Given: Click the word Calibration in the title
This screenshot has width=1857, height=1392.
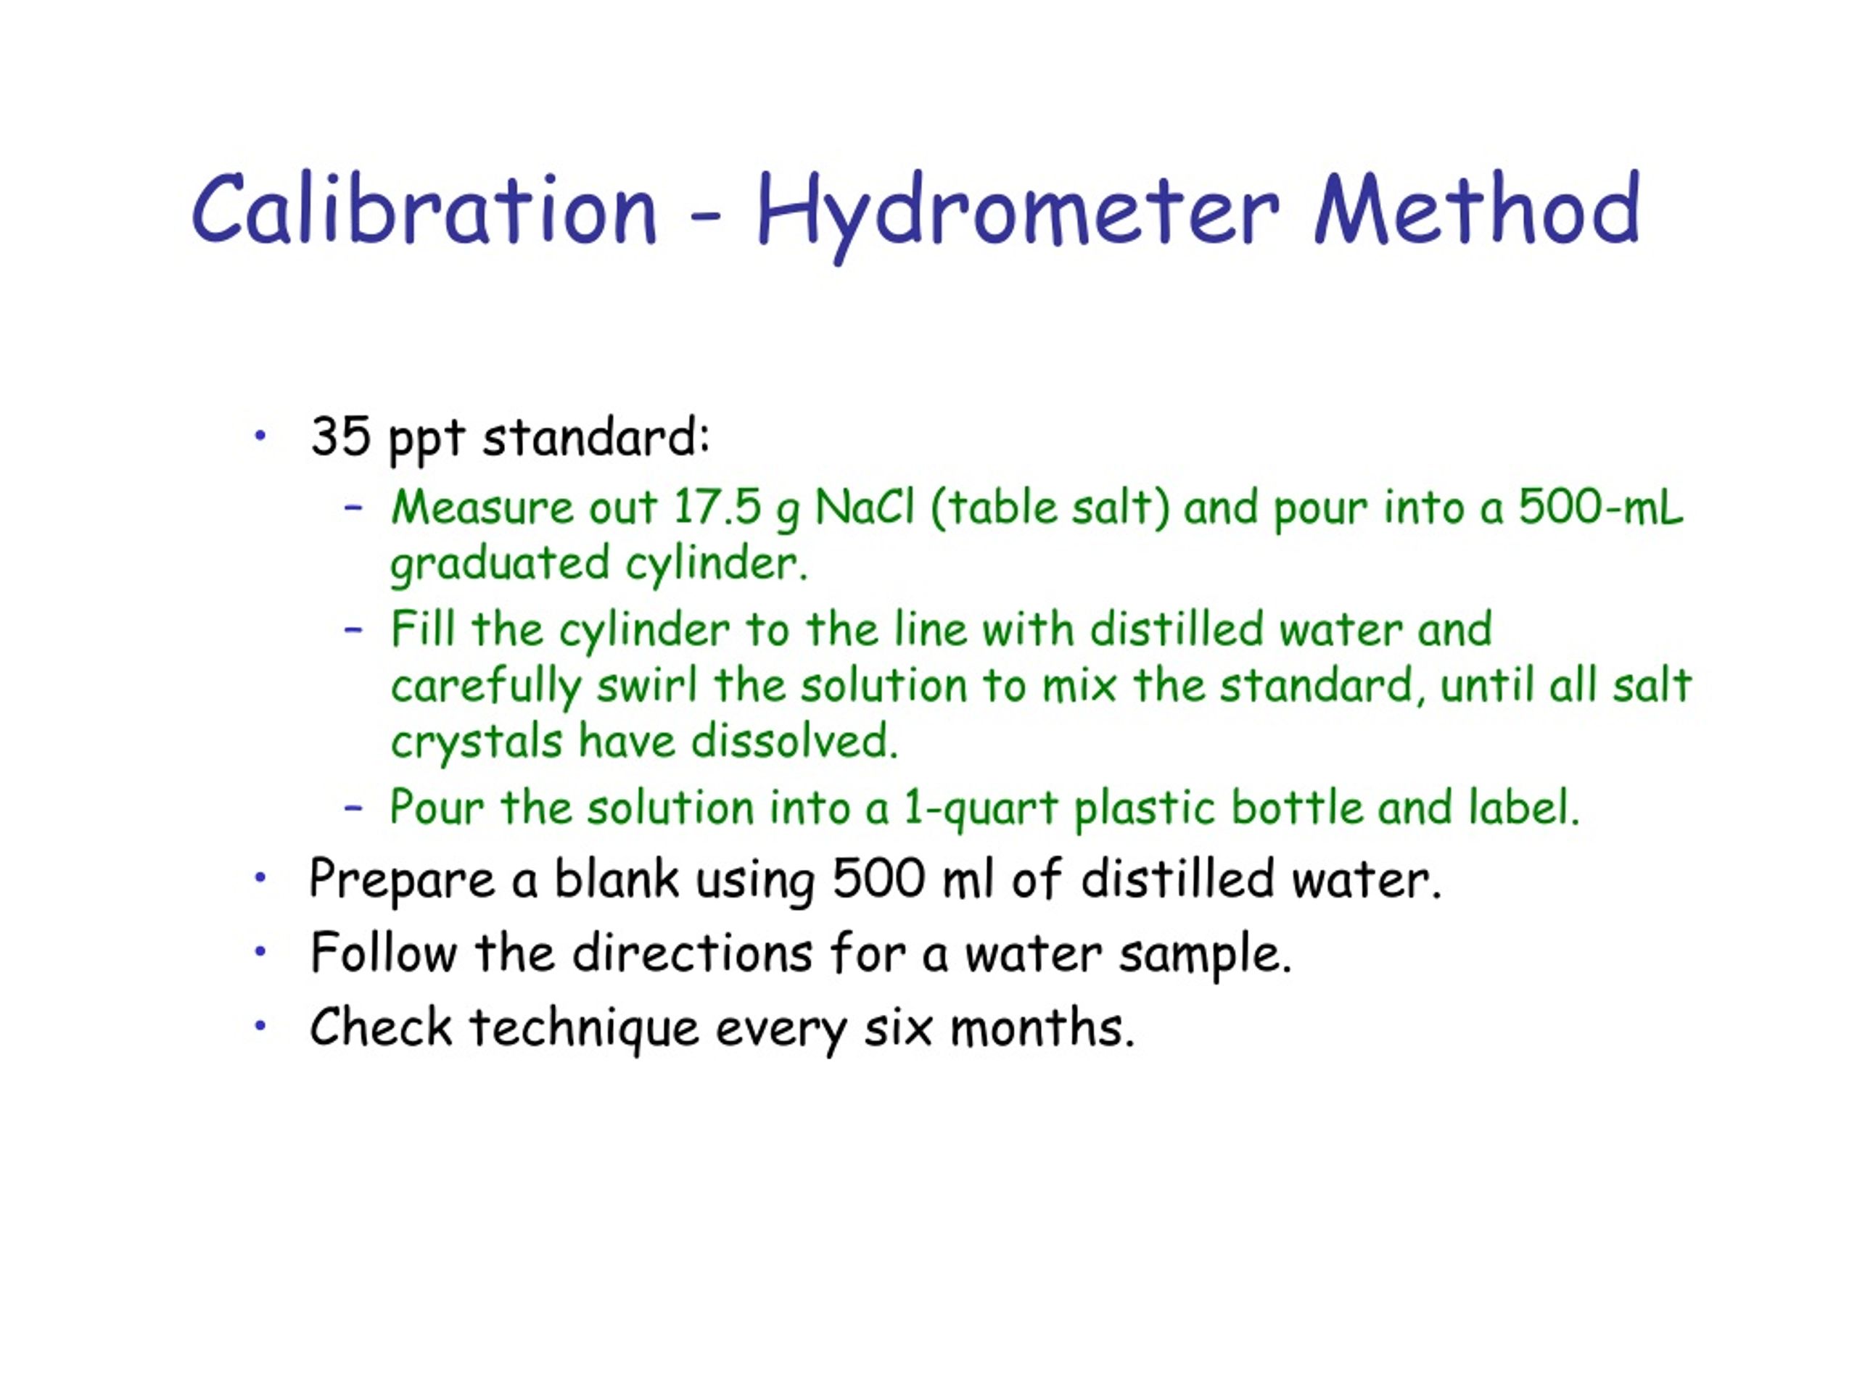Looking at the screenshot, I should [x=424, y=209].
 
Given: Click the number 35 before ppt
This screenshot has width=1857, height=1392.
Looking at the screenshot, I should [x=340, y=436].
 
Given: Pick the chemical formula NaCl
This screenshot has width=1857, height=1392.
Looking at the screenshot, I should [x=864, y=507].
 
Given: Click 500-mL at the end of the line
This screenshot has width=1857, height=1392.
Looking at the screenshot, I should [x=1600, y=507].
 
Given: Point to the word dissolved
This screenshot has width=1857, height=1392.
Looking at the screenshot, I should [x=794, y=742].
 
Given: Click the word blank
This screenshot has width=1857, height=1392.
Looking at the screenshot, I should [x=616, y=879].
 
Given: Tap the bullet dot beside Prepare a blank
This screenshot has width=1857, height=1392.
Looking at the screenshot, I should [x=260, y=879].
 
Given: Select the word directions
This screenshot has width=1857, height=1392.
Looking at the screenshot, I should [x=693, y=953].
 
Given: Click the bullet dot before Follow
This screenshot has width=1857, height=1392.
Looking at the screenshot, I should [x=260, y=951].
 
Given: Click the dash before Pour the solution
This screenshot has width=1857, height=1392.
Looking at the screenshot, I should [x=353, y=808].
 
